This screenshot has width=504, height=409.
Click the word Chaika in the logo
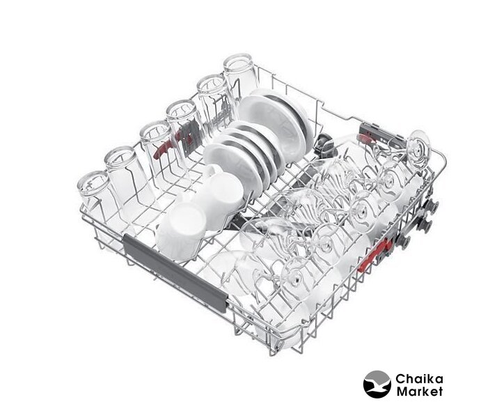pos(419,379)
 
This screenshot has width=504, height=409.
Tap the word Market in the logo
pos(420,392)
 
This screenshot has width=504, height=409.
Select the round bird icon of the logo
pos(377,384)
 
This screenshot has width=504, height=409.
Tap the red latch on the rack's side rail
pos(379,253)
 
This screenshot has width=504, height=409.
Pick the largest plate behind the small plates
pos(276,122)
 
